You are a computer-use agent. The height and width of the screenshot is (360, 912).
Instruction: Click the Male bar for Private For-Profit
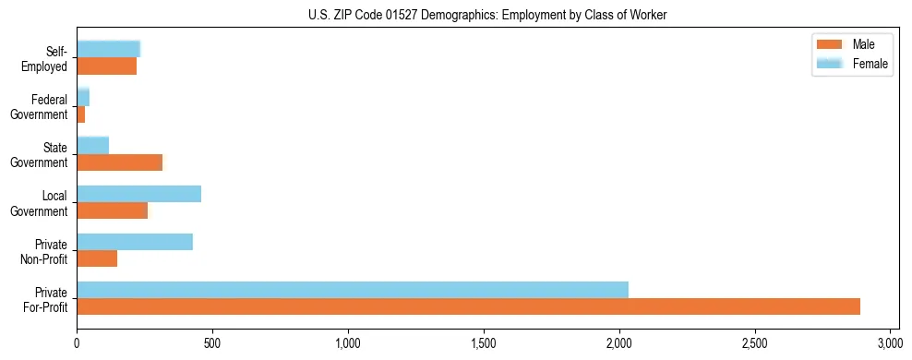468,306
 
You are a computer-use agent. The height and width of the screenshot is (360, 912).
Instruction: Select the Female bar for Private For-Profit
353,290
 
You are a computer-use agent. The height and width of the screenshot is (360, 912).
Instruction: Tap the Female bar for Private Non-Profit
135,242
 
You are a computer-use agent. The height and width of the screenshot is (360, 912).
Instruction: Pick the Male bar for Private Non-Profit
97,258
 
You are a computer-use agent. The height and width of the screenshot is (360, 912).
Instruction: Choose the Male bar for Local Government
112,210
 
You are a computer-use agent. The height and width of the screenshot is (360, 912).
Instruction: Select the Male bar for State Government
119,162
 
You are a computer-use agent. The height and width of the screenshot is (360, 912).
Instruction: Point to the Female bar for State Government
92,146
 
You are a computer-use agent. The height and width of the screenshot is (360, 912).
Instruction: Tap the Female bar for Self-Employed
108,50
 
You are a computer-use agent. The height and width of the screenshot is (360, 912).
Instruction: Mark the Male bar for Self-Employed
106,66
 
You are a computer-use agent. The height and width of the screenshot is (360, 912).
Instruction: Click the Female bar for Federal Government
83,98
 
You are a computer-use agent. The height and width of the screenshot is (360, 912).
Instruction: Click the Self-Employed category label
49,58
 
